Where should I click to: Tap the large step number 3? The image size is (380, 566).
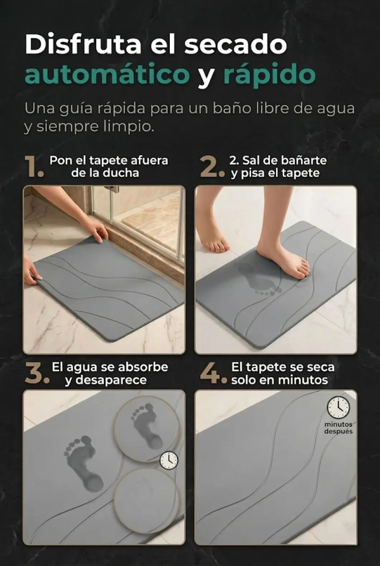coord(37,373)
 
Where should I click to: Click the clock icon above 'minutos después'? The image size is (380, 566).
coord(338,407)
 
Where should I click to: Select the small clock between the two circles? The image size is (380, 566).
coord(169,461)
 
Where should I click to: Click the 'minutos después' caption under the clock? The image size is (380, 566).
coord(338,427)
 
